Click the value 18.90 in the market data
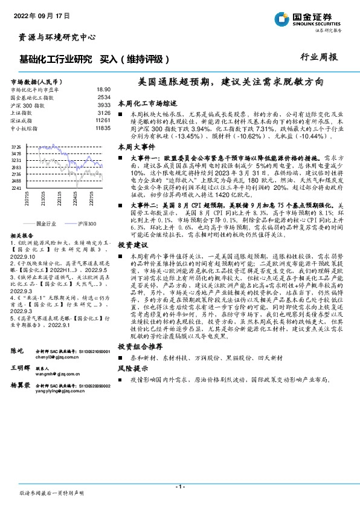[103, 88]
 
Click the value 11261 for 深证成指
[102, 120]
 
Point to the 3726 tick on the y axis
[16, 147]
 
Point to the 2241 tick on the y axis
[16, 188]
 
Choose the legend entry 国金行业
[46, 224]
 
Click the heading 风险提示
[133, 368]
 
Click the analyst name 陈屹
[18, 351]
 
